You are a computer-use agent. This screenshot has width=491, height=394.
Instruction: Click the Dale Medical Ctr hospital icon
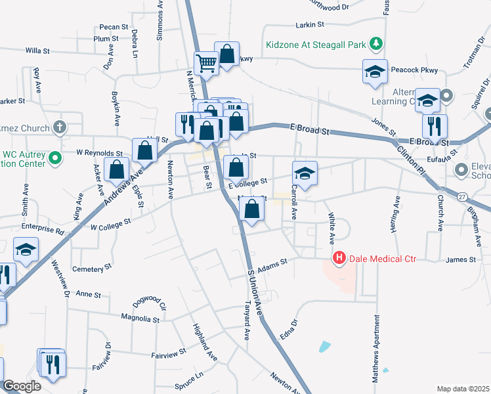[339, 259]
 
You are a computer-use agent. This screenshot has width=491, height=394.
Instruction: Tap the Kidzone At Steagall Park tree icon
[375, 45]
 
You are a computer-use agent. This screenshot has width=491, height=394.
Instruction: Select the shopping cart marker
[206, 64]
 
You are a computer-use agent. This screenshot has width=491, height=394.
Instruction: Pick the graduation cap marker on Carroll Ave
[305, 173]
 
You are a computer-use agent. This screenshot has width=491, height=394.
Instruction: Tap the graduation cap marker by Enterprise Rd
[26, 250]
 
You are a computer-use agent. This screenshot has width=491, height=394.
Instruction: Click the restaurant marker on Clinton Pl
[435, 125]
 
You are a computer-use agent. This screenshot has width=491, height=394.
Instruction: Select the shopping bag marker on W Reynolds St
[144, 150]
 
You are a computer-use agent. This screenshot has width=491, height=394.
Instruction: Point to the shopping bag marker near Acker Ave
[116, 169]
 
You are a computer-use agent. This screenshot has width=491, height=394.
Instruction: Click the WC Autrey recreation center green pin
[56, 158]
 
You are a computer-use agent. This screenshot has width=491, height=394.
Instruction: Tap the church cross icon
[60, 127]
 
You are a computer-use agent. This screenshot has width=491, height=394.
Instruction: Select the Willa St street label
[37, 50]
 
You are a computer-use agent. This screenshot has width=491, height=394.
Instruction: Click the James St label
[460, 260]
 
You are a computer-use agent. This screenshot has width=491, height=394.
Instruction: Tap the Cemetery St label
[88, 269]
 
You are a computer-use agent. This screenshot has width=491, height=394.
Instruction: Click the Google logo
[22, 386]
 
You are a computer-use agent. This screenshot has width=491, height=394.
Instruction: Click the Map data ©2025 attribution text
[463, 389]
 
